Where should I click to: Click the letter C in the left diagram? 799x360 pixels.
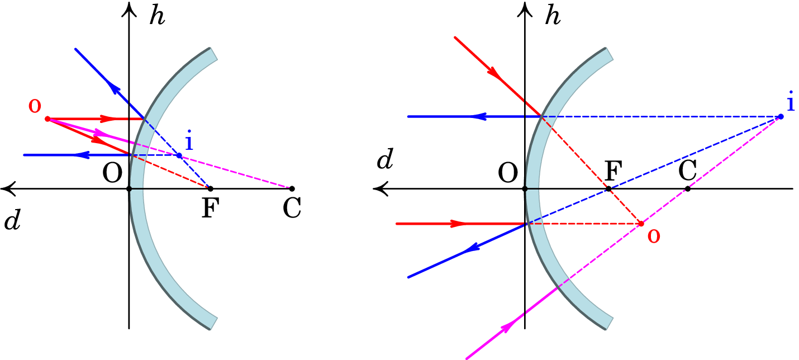click(292, 208)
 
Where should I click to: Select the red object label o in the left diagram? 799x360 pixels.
click(35, 106)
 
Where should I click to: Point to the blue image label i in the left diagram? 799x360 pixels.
click(189, 142)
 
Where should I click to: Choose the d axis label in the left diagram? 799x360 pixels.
click(12, 221)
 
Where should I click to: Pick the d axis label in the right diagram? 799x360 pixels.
click(384, 160)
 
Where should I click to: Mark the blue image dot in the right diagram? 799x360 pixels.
click(781, 116)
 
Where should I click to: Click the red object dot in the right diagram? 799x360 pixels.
click(641, 224)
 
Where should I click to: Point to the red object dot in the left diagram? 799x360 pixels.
click(47, 119)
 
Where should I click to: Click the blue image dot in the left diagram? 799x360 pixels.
click(179, 155)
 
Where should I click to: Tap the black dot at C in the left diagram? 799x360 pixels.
click(292, 189)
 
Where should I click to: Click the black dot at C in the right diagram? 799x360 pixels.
click(688, 189)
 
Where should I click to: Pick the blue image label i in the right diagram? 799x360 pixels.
click(791, 102)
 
